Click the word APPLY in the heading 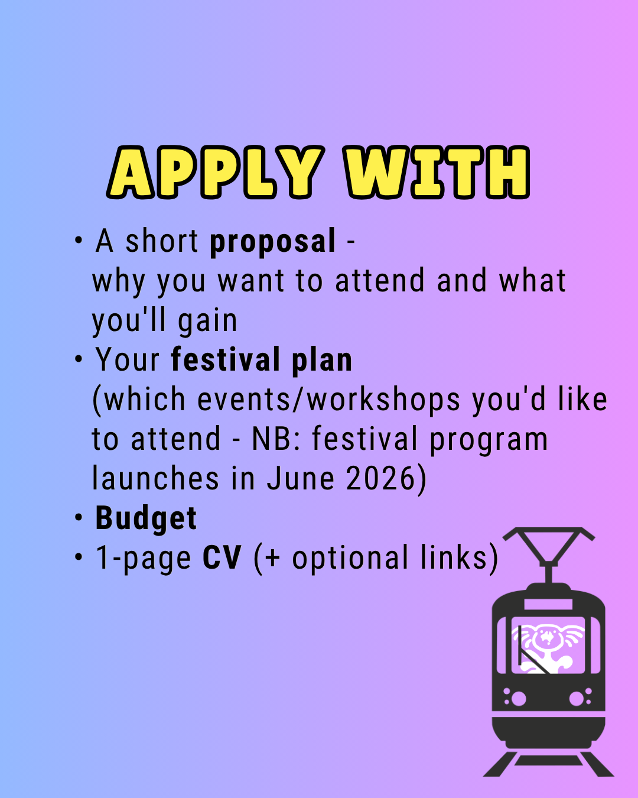pos(216,172)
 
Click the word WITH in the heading pos(437,172)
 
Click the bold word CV pos(222,557)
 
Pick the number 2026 pos(380,478)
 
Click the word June pos(301,478)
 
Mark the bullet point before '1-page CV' pos(78,557)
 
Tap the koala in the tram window pos(548,648)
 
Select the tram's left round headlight pos(519,699)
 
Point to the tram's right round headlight pos(577,699)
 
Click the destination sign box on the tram pos(548,605)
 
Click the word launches pos(155,478)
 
